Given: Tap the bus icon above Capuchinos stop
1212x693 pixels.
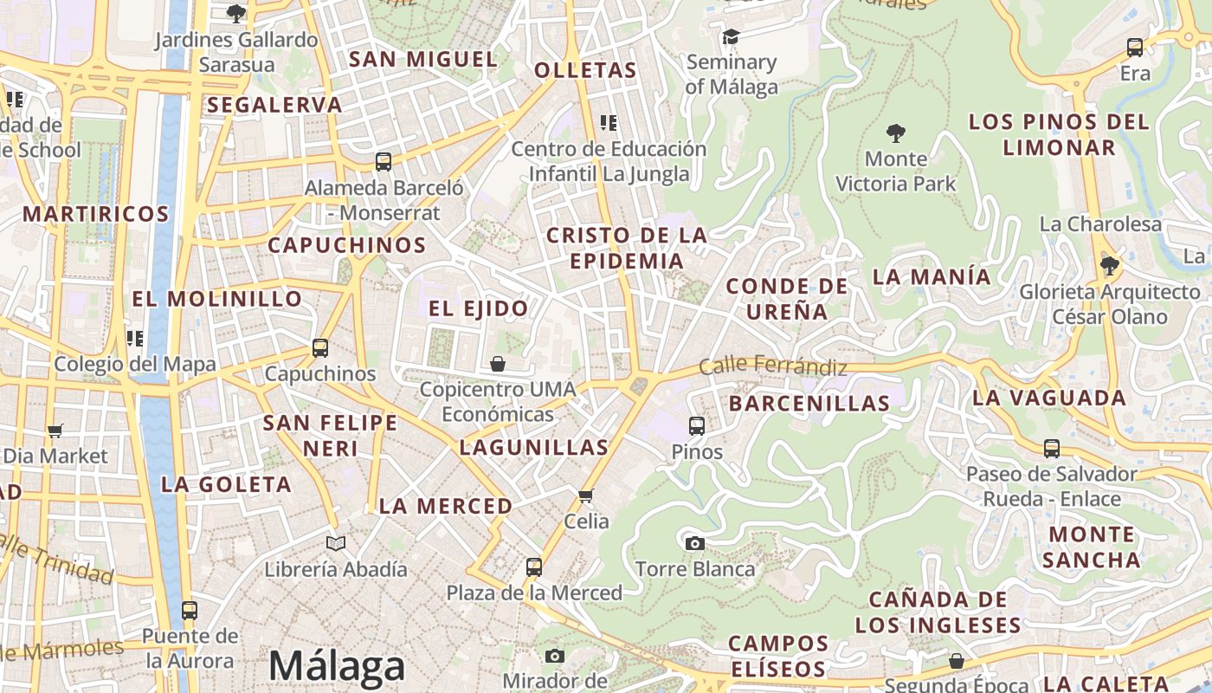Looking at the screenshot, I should click(x=320, y=348).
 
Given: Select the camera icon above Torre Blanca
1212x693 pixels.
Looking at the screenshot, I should click(x=694, y=543).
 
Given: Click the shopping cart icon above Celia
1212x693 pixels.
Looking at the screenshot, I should click(x=586, y=495).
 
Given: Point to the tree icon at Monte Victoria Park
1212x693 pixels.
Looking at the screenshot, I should click(x=896, y=133).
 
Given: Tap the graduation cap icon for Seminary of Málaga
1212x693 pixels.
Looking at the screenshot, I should click(x=731, y=36).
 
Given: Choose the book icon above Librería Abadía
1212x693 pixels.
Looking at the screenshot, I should click(x=336, y=543).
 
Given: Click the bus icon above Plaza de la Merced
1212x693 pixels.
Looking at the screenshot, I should click(x=534, y=567).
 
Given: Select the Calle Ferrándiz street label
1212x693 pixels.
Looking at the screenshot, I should click(x=773, y=366).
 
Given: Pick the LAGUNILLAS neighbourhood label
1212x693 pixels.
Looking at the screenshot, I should click(x=534, y=448).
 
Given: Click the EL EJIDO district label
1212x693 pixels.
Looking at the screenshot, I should click(x=478, y=308).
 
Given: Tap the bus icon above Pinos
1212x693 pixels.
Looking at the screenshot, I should click(x=697, y=425).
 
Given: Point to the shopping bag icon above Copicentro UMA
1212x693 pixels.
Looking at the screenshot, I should click(x=498, y=364).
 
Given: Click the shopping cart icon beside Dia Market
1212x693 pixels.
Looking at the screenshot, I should click(x=55, y=431).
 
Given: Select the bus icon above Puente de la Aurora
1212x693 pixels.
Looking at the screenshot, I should click(x=190, y=610).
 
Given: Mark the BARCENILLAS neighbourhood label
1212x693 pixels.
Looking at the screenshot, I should click(x=809, y=403).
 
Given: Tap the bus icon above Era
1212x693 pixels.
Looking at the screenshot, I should click(x=1135, y=48).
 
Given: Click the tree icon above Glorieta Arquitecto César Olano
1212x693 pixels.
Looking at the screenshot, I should click(x=1109, y=266).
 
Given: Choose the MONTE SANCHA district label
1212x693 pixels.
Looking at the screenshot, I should click(x=1090, y=547).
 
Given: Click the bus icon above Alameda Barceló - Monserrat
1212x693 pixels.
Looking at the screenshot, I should click(x=384, y=161).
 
